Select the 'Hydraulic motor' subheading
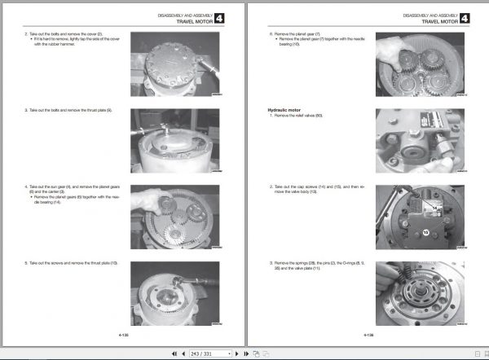[284, 108]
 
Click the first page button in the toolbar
[172, 353]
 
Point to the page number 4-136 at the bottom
[368, 334]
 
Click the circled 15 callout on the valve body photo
[425, 233]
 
